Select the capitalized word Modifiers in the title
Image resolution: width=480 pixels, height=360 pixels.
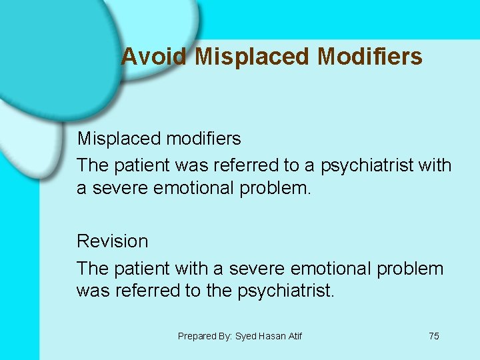pyautogui.click(x=370, y=57)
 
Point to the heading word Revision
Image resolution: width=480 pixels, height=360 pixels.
pyautogui.click(x=113, y=241)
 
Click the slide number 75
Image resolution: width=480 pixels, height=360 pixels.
pyautogui.click(x=434, y=336)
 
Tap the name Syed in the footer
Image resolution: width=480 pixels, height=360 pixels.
pyautogui.click(x=247, y=336)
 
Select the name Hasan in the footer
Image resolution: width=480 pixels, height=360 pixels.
pyautogui.click(x=273, y=336)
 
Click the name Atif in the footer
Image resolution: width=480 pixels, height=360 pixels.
pyautogui.click(x=295, y=336)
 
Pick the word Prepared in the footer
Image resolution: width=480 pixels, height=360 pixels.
pyautogui.click(x=197, y=336)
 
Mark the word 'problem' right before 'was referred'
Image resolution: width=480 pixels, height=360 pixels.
pyautogui.click(x=410, y=268)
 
